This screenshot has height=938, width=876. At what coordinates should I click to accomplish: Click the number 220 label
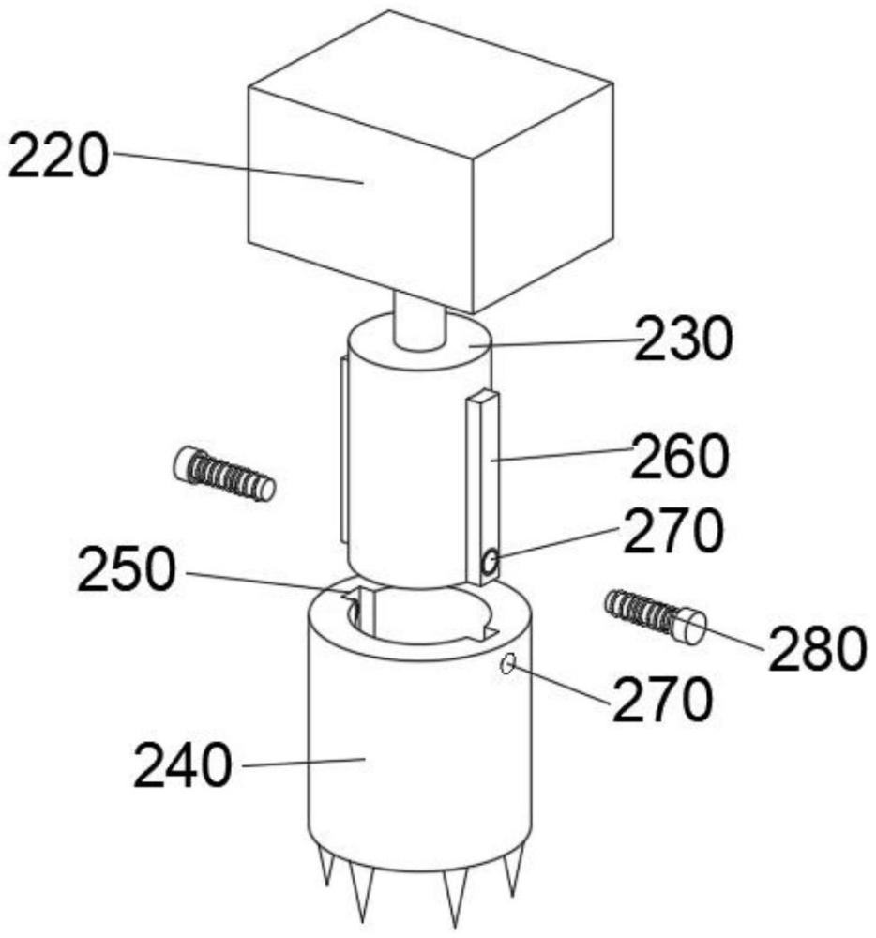pos(58,156)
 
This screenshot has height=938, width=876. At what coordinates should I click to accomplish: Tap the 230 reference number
pos(683,339)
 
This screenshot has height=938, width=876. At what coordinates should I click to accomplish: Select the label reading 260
pos(680,456)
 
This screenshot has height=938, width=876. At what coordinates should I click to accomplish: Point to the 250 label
pos(127,570)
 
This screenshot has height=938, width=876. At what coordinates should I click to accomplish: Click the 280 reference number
pos(818,648)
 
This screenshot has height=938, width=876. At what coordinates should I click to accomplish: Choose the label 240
pos(182,765)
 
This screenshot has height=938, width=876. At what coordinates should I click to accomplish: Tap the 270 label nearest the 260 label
pos(673,530)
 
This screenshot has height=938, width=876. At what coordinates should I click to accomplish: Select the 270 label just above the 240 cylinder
pos(662,699)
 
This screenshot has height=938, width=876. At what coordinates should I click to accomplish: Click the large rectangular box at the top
pos(431,161)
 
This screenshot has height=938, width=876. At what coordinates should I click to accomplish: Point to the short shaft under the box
pos(420,321)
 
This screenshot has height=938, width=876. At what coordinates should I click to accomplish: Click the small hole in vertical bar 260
pos(491,562)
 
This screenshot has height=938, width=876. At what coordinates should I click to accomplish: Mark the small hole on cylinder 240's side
pos(507,663)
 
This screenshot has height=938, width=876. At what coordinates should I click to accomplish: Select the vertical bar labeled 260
pos(482,488)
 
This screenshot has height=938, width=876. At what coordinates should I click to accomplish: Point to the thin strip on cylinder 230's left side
pos(342,449)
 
